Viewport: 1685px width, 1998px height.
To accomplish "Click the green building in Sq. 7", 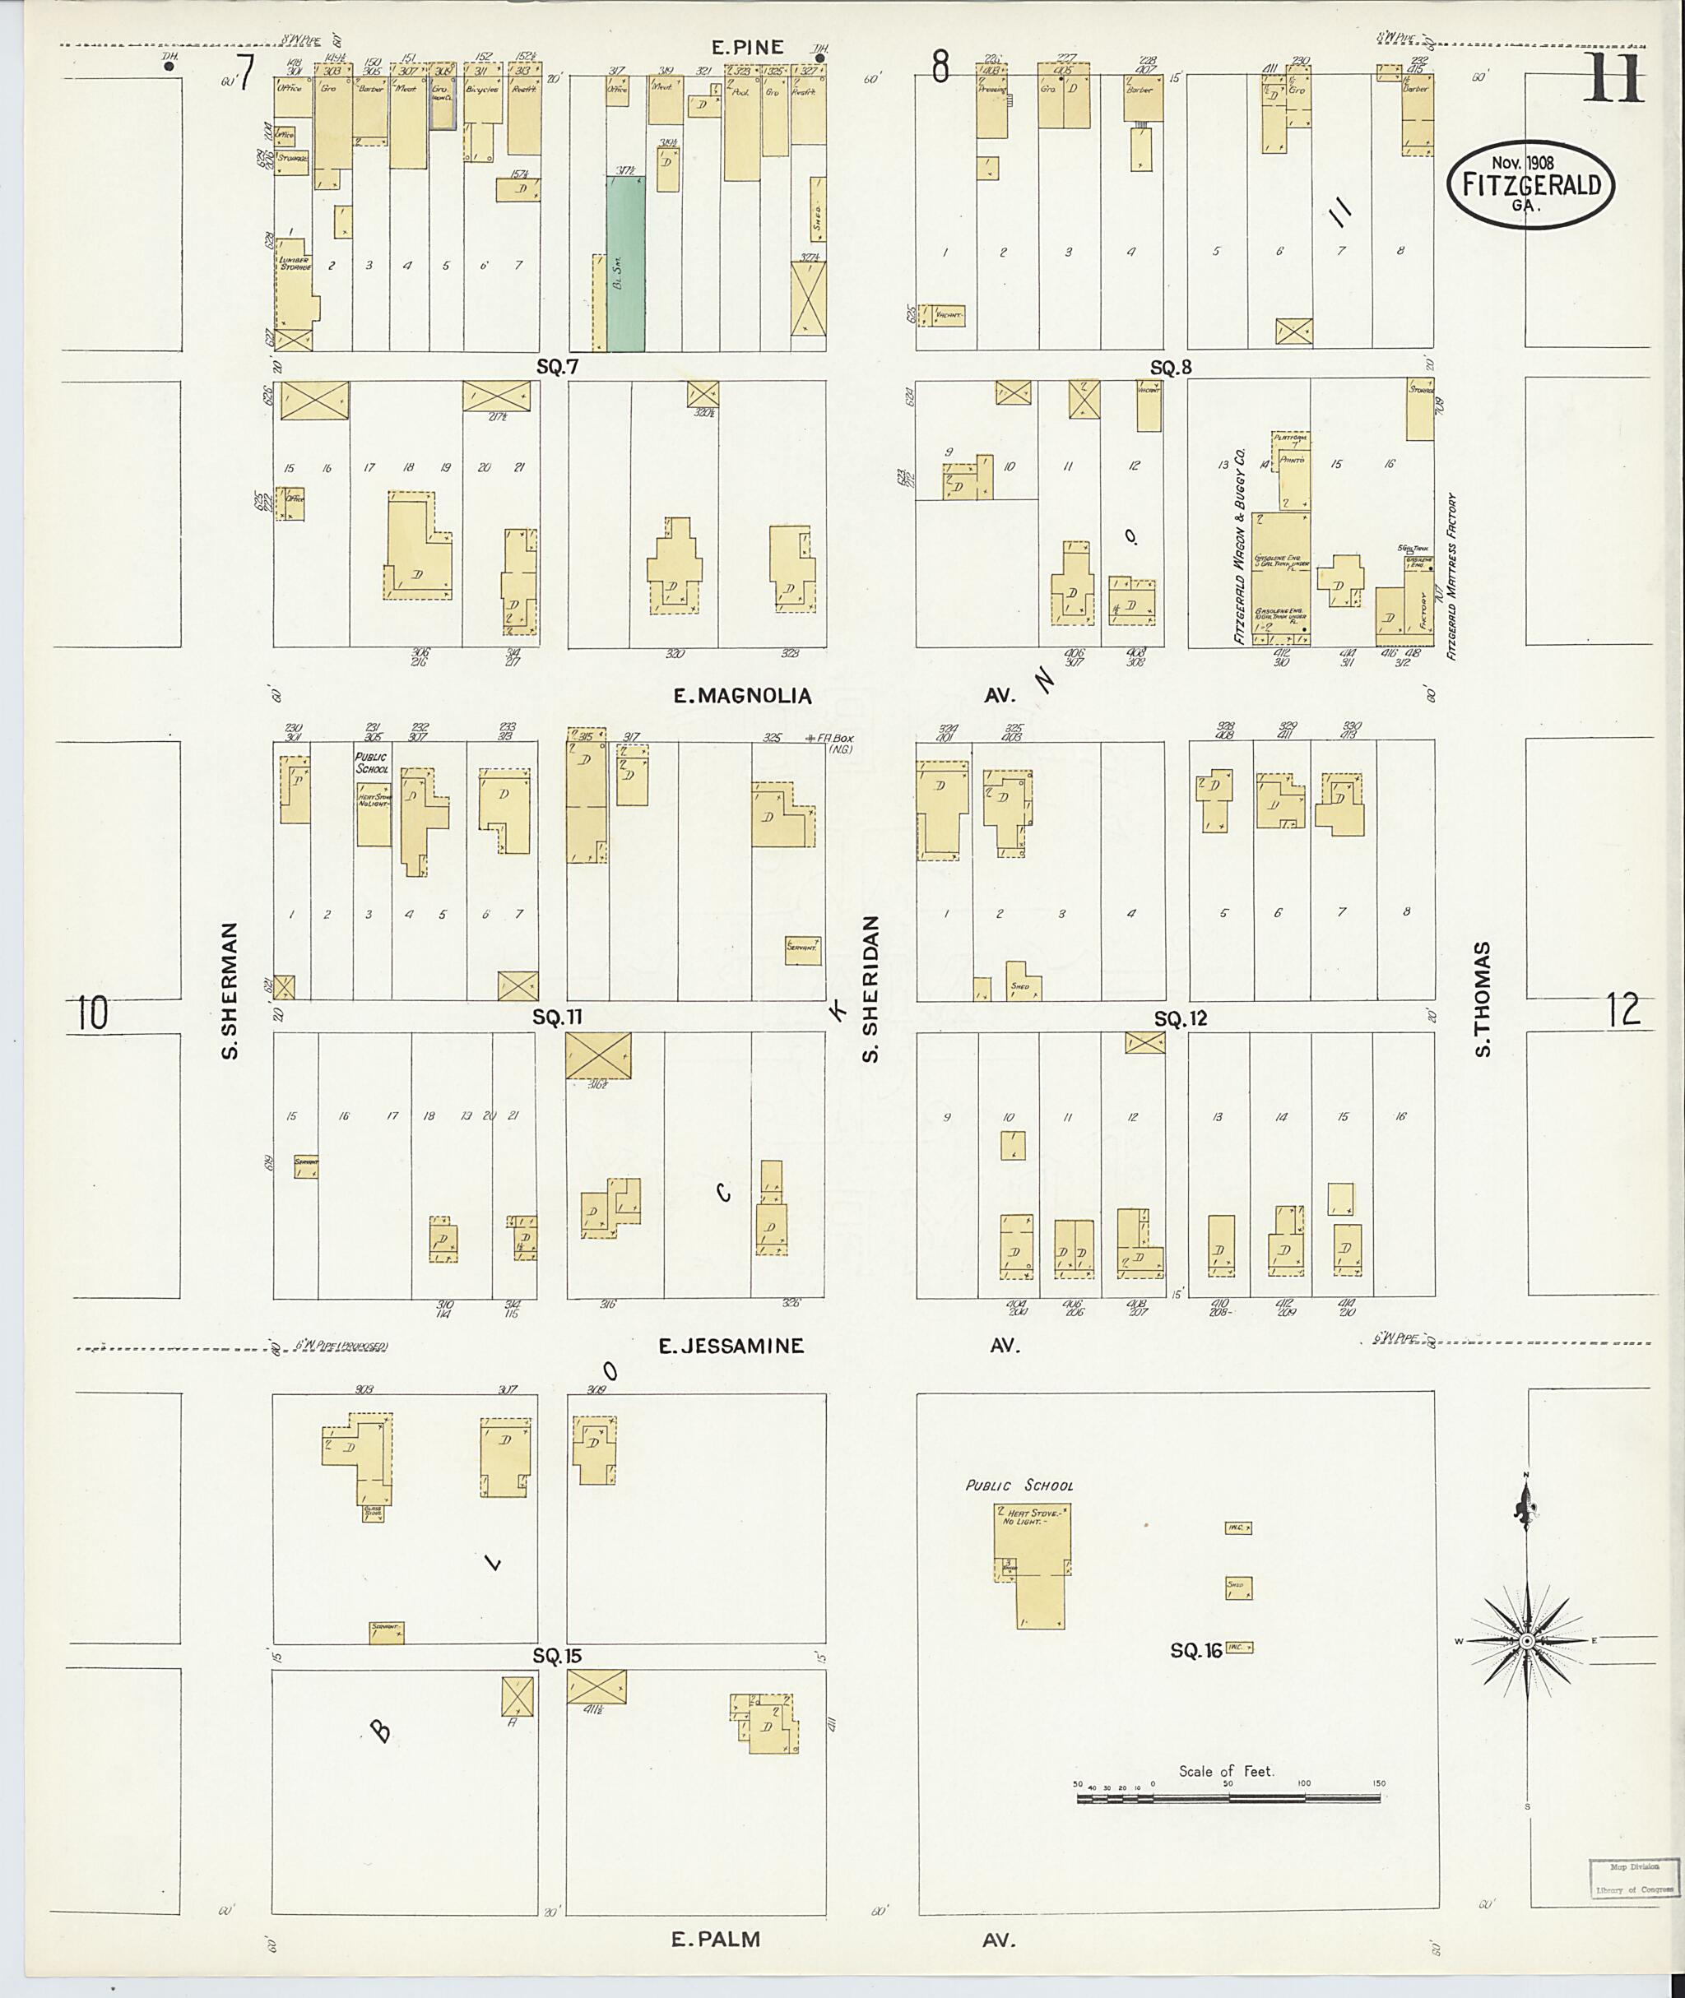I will point(625,262).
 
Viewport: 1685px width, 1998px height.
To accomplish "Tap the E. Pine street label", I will point(748,48).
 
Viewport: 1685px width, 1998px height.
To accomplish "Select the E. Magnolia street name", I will point(742,695).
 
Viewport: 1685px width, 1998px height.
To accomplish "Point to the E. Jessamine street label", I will point(731,1346).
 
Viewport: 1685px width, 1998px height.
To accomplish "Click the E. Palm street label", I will point(716,1966).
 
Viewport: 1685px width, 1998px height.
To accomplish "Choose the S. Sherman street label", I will point(230,990).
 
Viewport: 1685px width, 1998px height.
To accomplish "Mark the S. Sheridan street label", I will point(870,989).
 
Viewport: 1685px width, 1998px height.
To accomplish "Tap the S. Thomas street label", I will point(1483,999).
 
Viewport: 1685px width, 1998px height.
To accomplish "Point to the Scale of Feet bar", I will point(1228,1798).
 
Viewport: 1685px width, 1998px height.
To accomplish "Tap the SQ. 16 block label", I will point(1196,1650).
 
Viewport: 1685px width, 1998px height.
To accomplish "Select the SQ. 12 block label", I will point(1181,1019).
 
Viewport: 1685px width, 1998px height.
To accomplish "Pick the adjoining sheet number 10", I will point(93,1014).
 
